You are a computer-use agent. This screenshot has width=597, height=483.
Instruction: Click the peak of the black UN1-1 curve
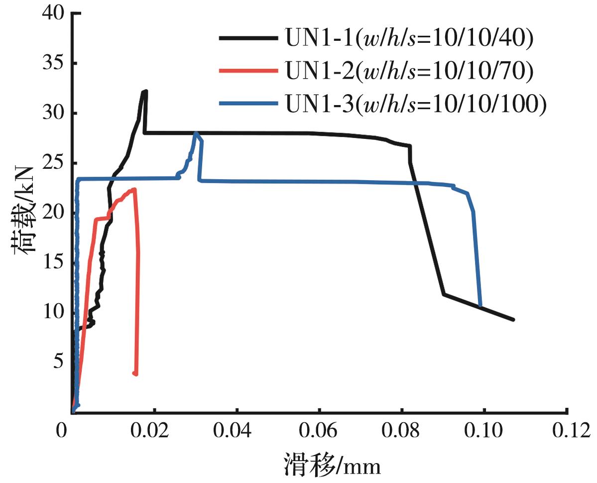pyautogui.click(x=145, y=91)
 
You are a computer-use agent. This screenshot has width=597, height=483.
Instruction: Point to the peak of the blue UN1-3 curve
pyautogui.click(x=196, y=133)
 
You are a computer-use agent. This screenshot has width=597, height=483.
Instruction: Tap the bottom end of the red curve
pyautogui.click(x=135, y=373)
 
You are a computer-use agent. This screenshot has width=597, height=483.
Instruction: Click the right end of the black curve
pyautogui.click(x=513, y=320)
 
